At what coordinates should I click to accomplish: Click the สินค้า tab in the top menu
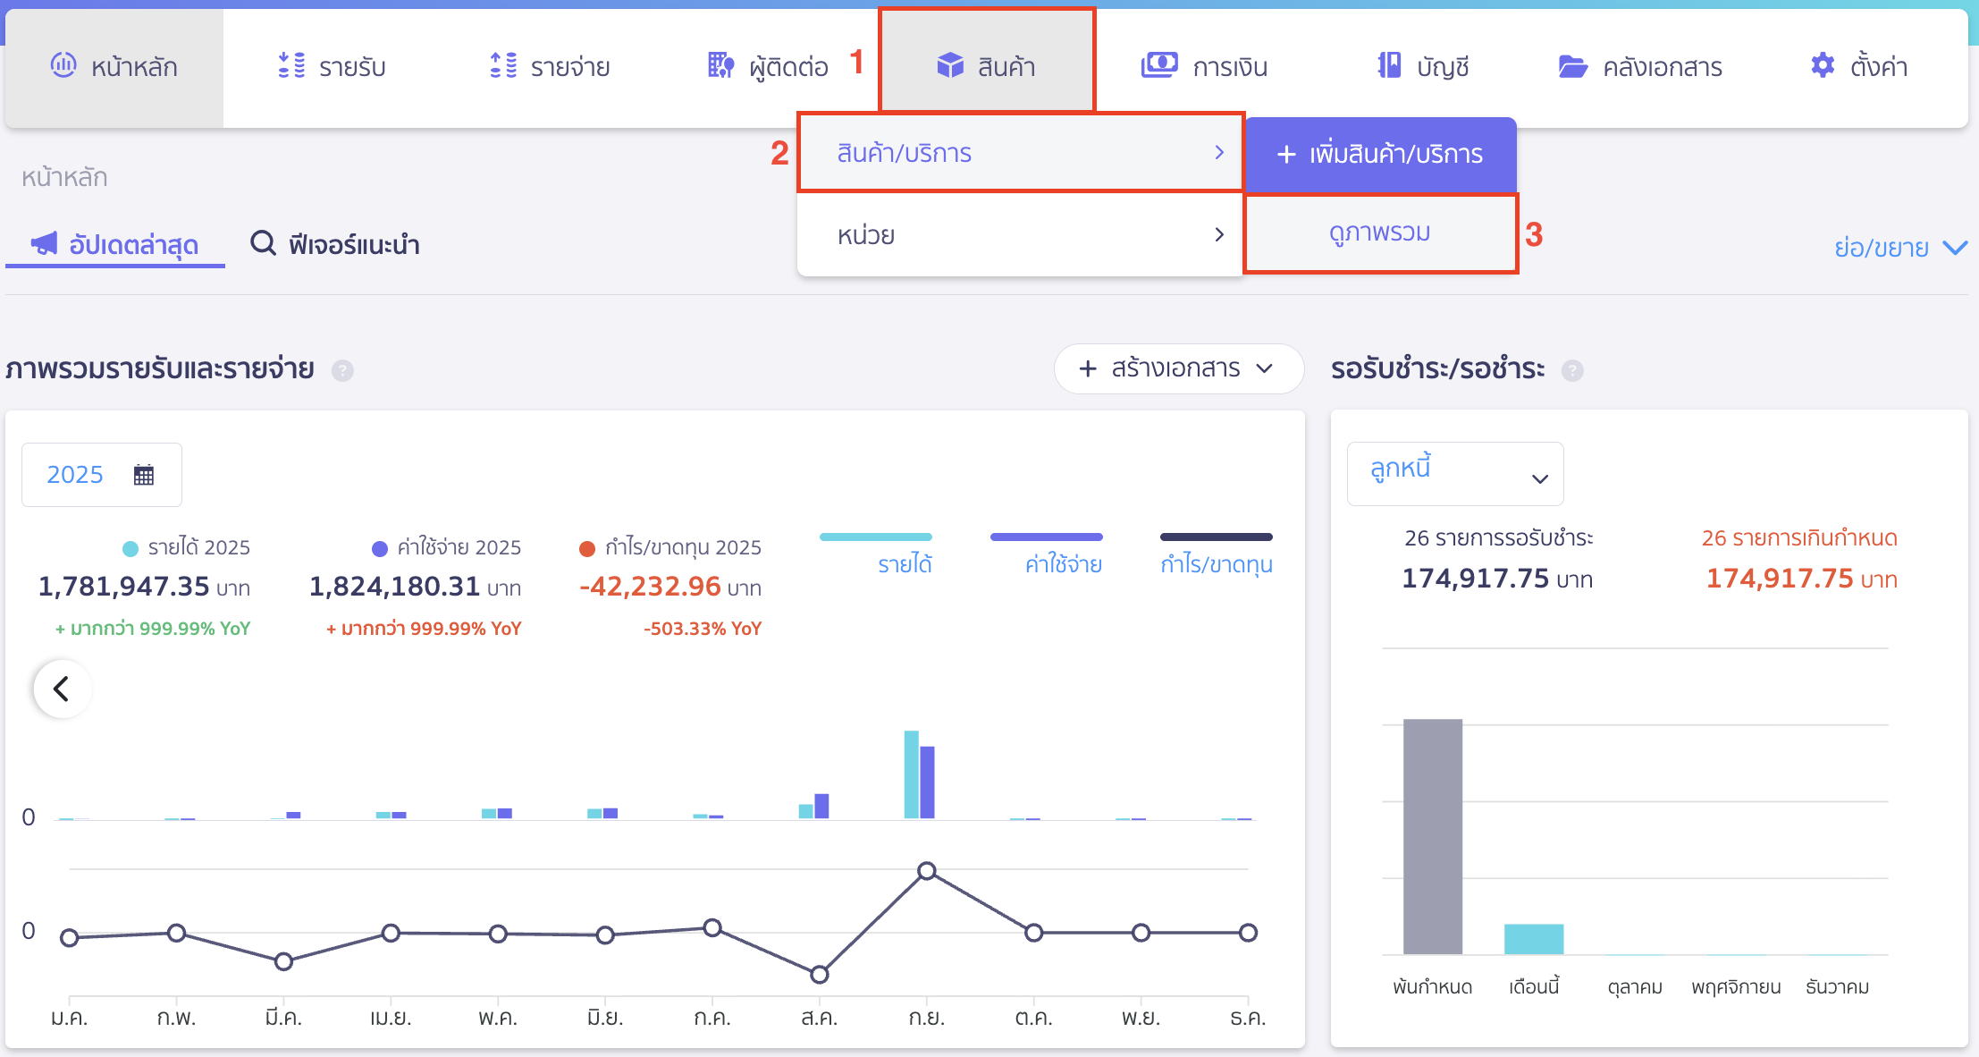tap(987, 65)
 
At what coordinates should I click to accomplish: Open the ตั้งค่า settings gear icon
tap(1823, 65)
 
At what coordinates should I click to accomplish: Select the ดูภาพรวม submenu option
tap(1379, 233)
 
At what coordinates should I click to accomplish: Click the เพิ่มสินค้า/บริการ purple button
tap(1380, 155)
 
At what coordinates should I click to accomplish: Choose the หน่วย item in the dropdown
tap(1019, 235)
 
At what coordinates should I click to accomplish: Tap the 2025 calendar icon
tap(144, 475)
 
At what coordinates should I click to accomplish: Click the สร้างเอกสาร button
tap(1177, 368)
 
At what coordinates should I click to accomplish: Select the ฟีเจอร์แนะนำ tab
tap(336, 244)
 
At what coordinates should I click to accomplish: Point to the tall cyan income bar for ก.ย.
tap(911, 774)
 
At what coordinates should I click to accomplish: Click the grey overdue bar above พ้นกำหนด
tap(1432, 836)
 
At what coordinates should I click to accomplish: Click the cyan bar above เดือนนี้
tap(1533, 939)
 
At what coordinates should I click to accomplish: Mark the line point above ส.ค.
tap(819, 974)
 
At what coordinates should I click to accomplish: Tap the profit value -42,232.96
tap(650, 587)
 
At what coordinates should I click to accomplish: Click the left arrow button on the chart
tap(62, 689)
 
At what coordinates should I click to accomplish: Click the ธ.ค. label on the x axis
tap(1247, 1019)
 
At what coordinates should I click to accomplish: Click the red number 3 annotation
tap(1534, 235)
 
